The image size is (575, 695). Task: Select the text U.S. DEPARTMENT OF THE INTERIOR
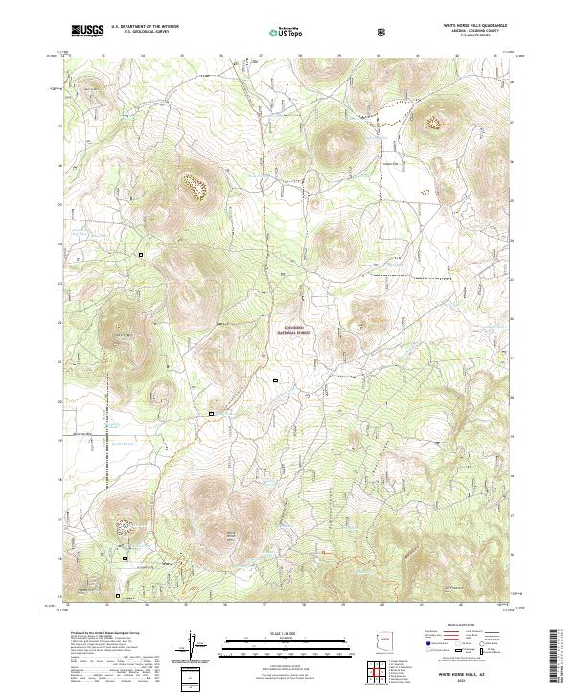pos(145,28)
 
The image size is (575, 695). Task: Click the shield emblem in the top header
pos(382,33)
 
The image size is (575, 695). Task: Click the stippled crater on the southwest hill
pos(125,524)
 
